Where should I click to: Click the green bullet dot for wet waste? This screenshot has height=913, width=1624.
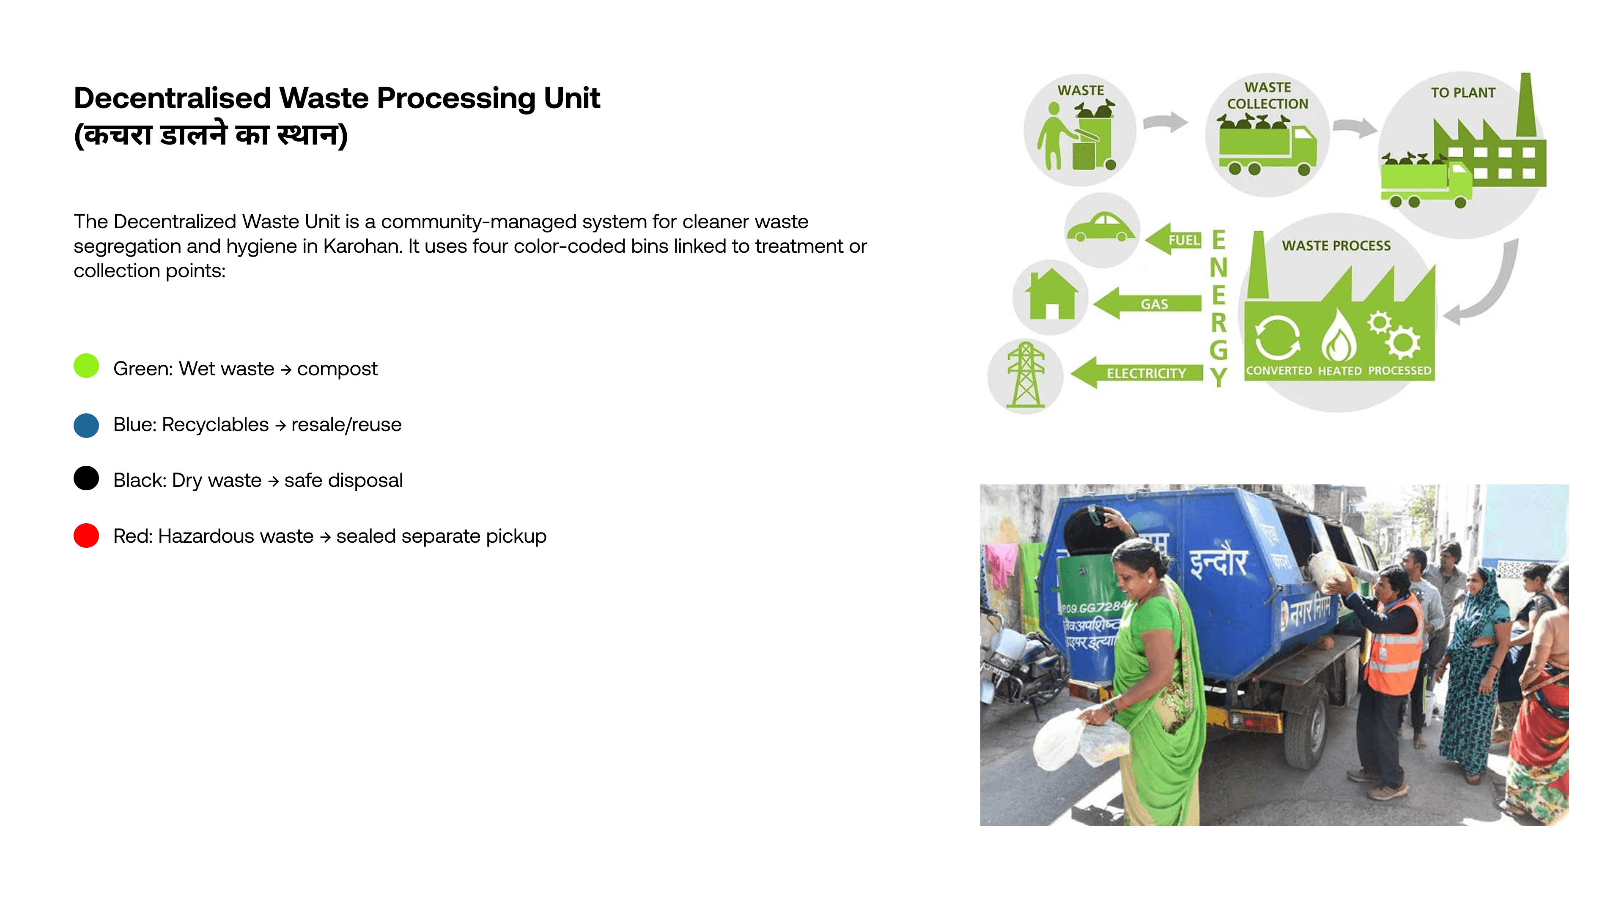click(86, 366)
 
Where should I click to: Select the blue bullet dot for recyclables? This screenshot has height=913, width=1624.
click(86, 425)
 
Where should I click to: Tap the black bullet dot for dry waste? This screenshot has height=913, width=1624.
click(86, 478)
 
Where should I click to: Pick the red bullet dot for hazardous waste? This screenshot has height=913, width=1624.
click(86, 536)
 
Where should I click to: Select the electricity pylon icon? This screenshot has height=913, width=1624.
click(1026, 375)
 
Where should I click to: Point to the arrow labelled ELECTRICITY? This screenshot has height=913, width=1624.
click(1138, 373)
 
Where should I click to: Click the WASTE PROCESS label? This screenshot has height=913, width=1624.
click(1336, 246)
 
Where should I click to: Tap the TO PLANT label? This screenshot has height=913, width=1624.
click(1462, 93)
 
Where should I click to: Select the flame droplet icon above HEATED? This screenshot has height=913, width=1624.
click(1339, 337)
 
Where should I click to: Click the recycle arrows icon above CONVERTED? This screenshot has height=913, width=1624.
click(1277, 337)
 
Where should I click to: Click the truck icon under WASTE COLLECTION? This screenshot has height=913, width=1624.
click(1267, 149)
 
